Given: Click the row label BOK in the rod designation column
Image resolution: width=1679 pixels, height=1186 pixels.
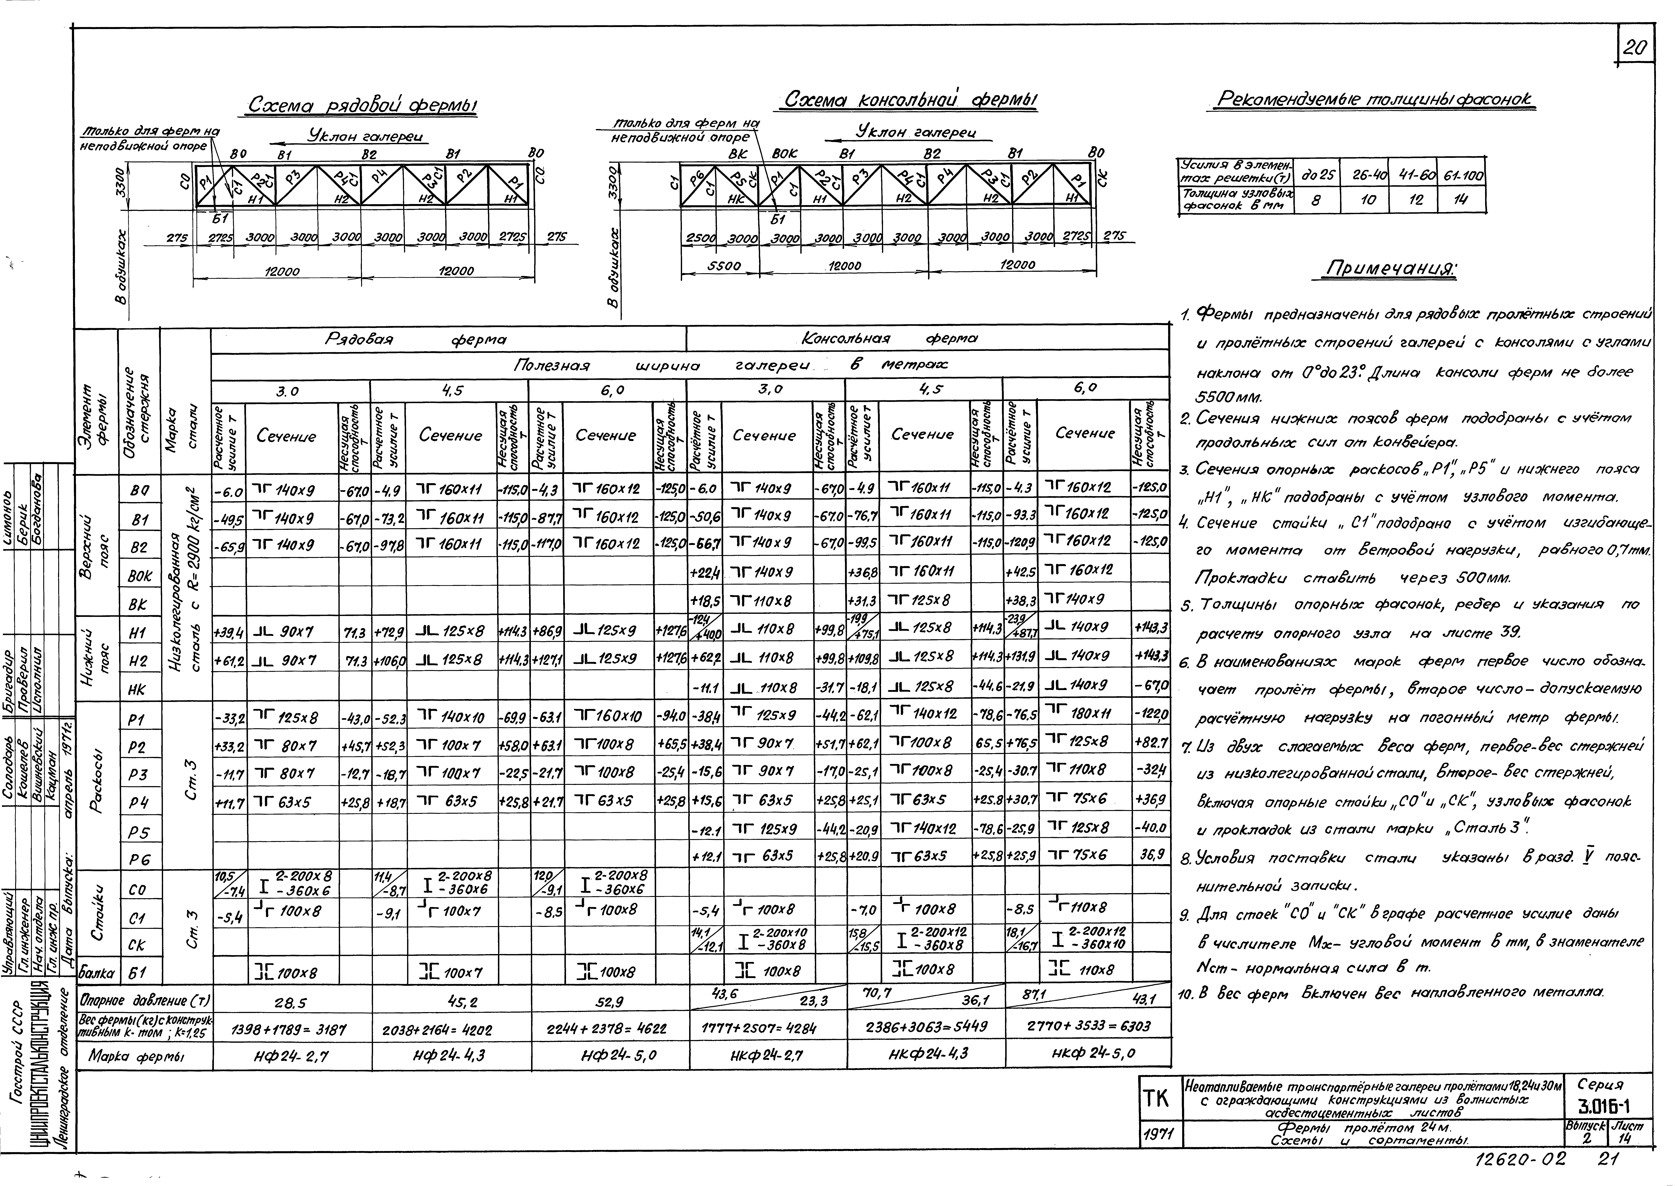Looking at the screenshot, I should point(139,576).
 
